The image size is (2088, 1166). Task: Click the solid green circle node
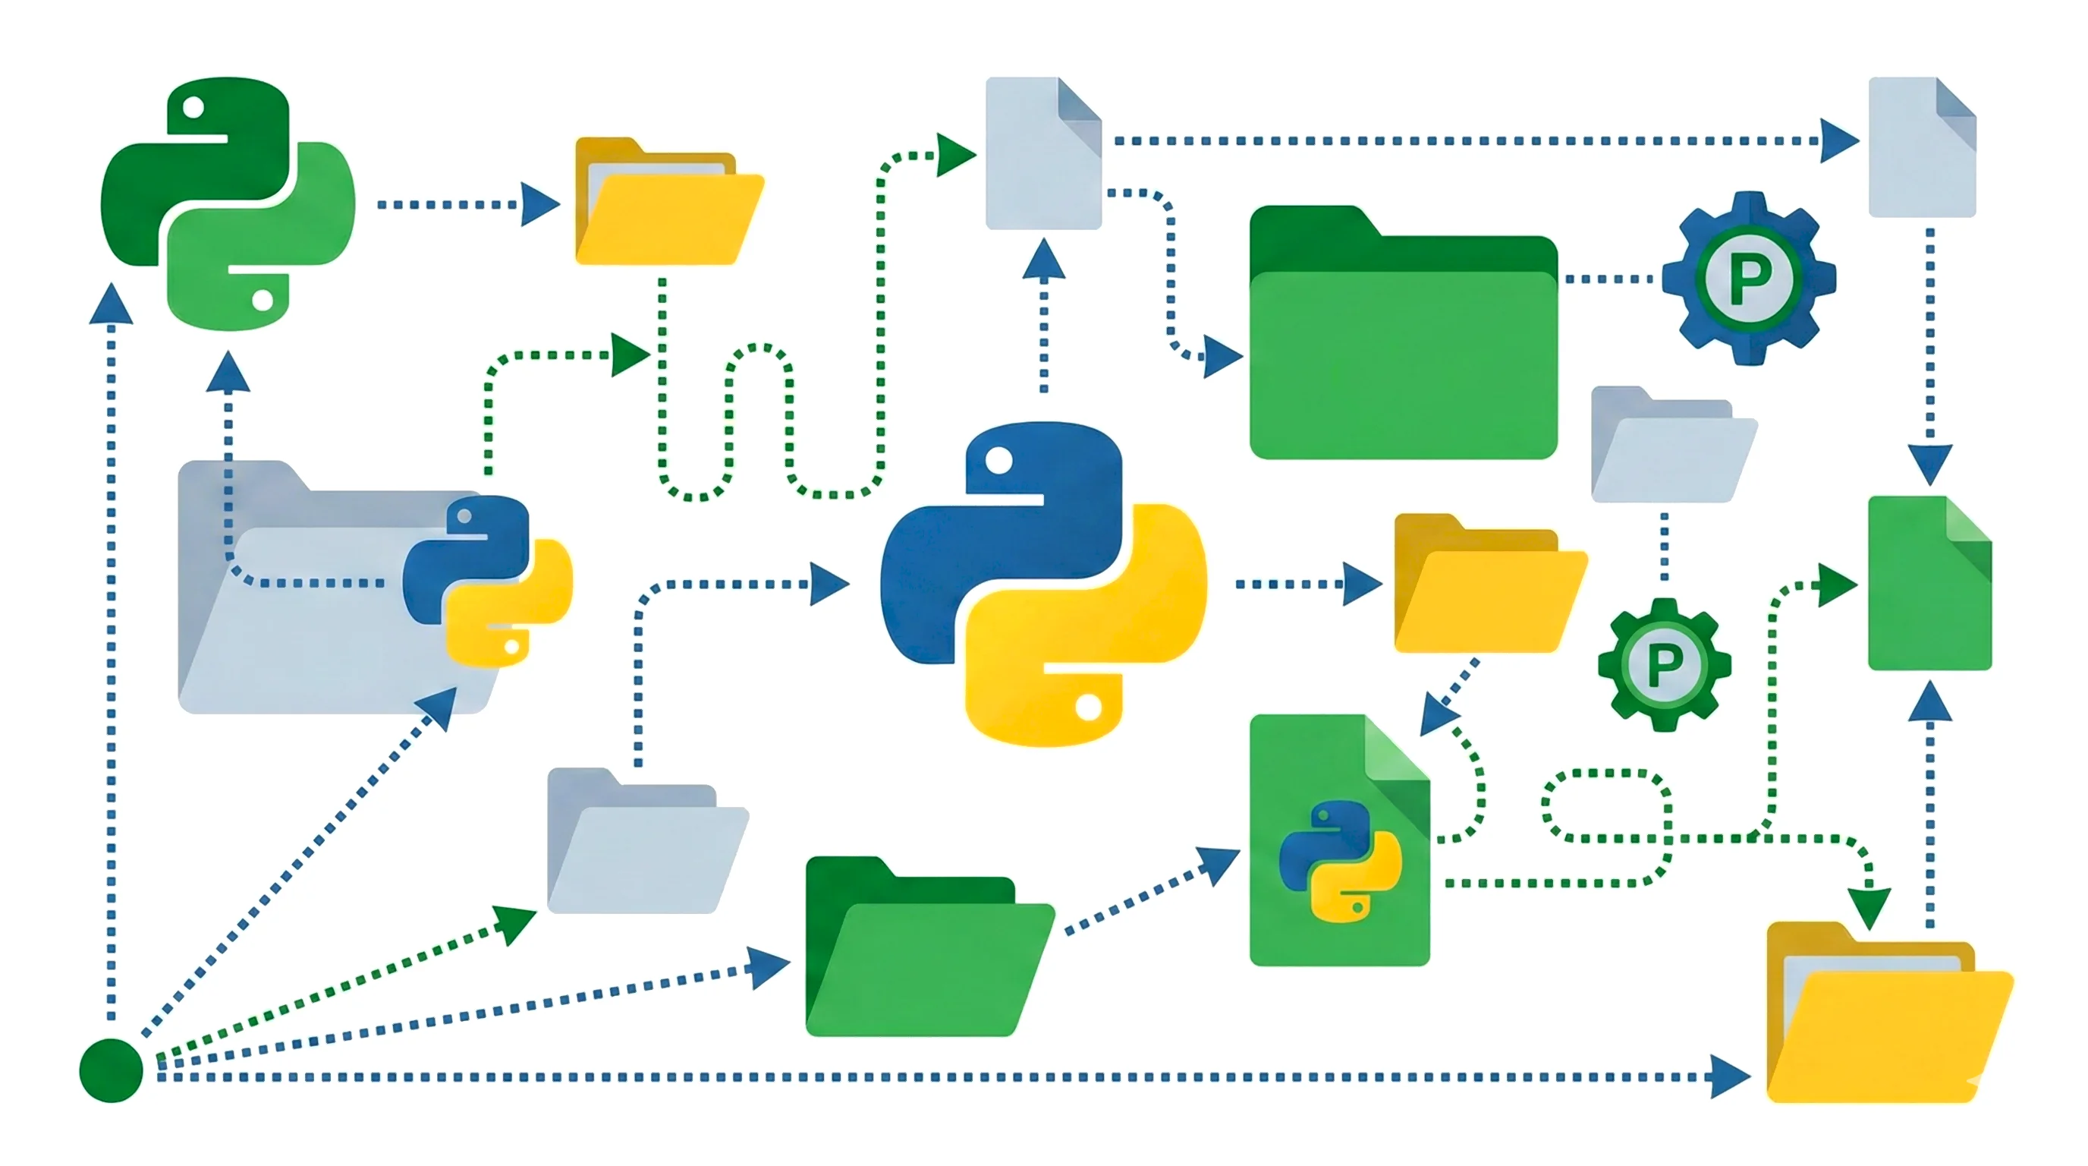pyautogui.click(x=111, y=1070)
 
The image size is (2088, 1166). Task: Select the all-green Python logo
pyautogui.click(x=228, y=203)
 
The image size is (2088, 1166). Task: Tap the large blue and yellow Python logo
pyautogui.click(x=1043, y=583)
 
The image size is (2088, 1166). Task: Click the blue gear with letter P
pyautogui.click(x=1748, y=279)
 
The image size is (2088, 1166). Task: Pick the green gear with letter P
pyautogui.click(x=1664, y=665)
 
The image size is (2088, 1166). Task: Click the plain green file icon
pyautogui.click(x=1929, y=584)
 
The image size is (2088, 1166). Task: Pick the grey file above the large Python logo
pyautogui.click(x=1042, y=154)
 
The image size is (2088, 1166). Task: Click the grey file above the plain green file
pyautogui.click(x=1922, y=147)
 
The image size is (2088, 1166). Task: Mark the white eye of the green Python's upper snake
pyautogui.click(x=193, y=107)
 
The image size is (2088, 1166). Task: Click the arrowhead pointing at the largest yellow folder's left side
pyautogui.click(x=1730, y=1077)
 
